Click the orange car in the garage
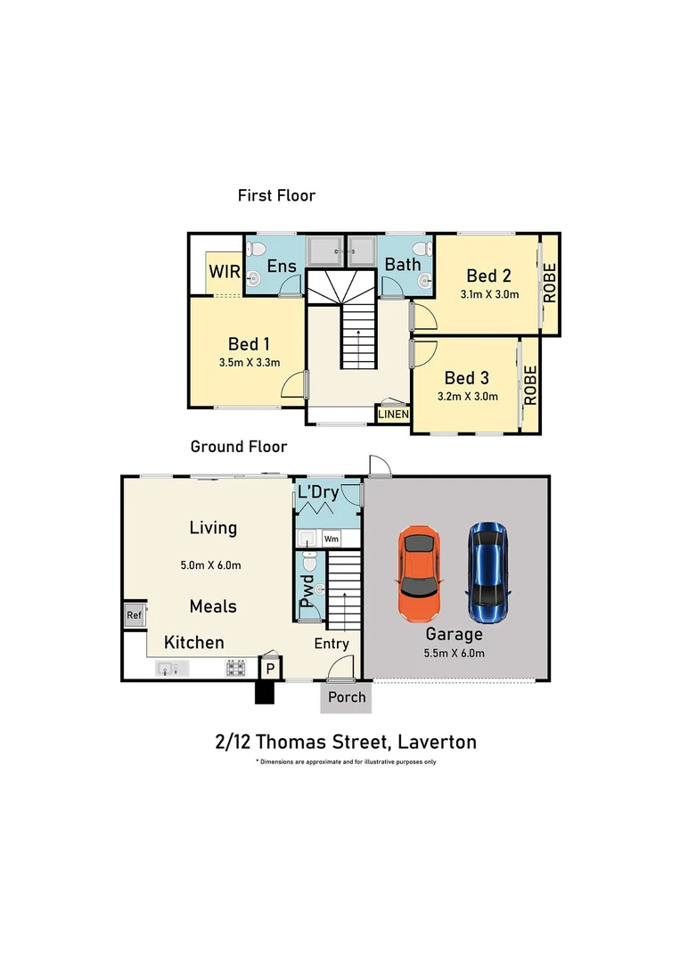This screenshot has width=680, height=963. [x=418, y=574]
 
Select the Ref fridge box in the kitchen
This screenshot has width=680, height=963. [x=134, y=615]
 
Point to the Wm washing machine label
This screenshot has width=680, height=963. [x=331, y=539]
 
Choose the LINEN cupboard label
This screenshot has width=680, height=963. [x=393, y=415]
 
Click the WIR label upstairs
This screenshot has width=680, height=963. [x=223, y=272]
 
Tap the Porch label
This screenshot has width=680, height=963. [x=347, y=696]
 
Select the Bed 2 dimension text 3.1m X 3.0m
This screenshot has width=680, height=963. [x=489, y=294]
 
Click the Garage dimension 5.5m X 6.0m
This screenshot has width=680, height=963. [x=455, y=652]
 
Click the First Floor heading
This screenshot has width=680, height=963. [x=276, y=195]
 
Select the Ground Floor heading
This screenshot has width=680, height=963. [x=238, y=447]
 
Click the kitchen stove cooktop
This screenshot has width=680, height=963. [x=236, y=668]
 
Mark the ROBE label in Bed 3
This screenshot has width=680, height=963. [x=530, y=385]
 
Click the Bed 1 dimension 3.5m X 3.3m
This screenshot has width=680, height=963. [x=249, y=362]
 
